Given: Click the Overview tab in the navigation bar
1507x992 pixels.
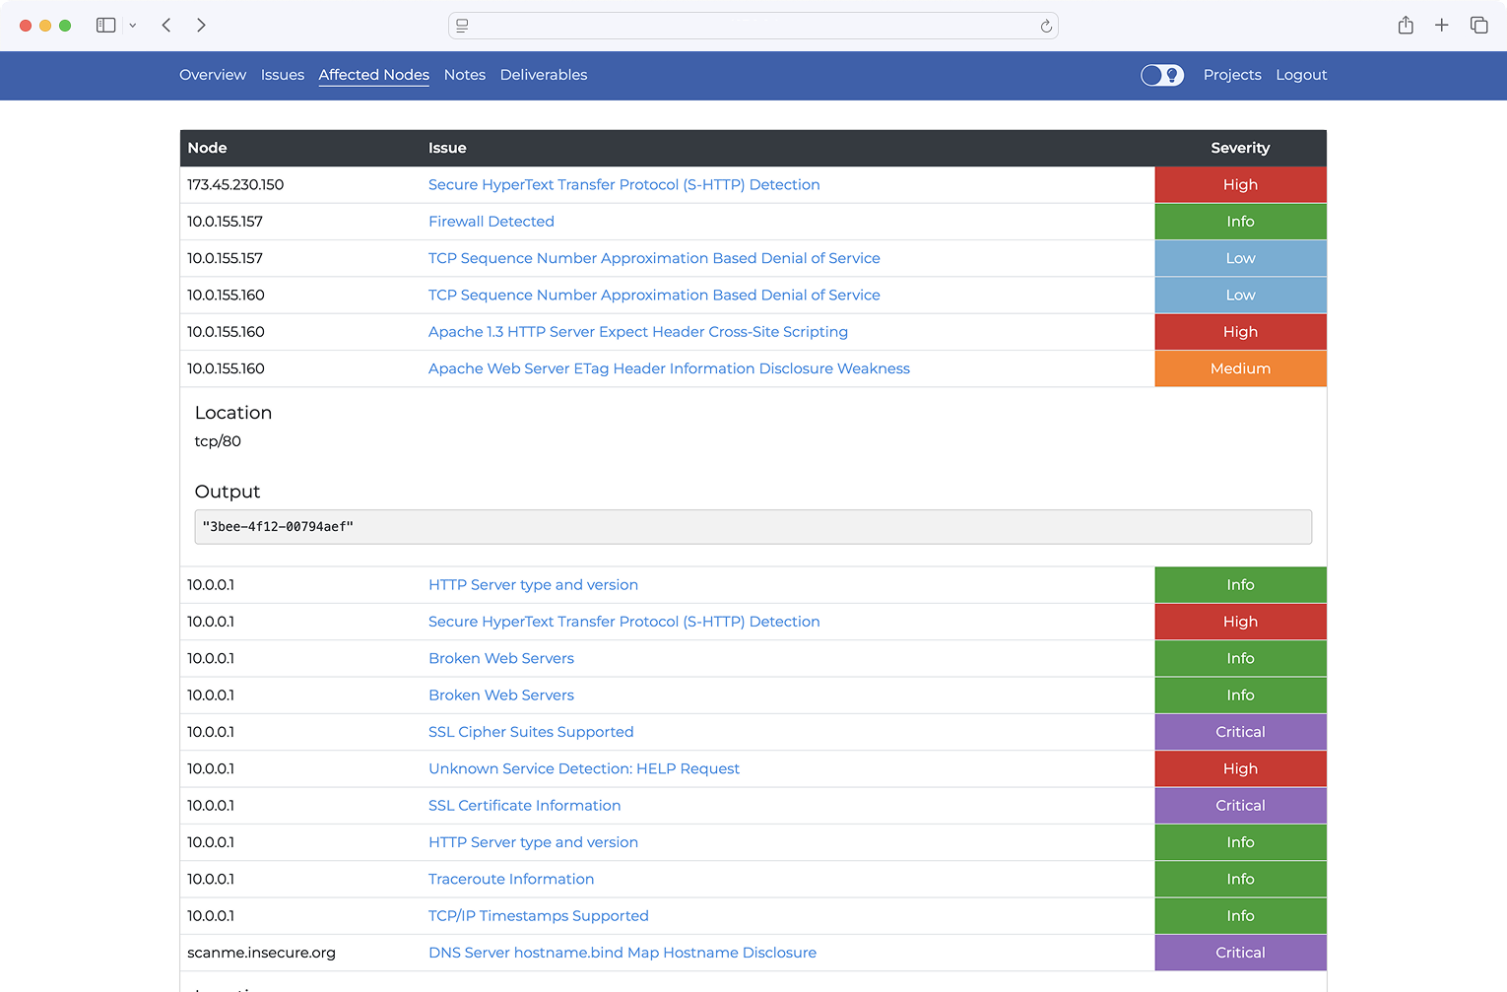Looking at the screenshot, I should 213,75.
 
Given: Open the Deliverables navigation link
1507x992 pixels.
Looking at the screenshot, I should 543,75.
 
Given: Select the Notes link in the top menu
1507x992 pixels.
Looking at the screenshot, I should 464,75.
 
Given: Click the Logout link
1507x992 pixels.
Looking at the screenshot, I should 1301,75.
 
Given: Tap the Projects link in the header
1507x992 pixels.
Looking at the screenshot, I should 1231,75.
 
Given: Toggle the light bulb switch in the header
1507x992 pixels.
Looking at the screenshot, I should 1162,75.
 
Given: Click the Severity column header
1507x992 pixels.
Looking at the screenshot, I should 1239,148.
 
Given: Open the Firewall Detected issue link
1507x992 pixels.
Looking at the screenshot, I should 491,222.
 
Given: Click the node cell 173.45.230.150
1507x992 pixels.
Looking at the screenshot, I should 235,185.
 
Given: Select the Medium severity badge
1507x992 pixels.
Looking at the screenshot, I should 1239,368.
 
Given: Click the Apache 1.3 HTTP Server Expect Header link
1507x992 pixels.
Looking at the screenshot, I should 637,332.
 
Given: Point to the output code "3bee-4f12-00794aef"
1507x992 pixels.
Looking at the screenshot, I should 278,527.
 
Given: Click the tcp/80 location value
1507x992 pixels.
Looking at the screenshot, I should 218,441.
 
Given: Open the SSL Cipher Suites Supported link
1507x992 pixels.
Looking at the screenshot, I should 530,732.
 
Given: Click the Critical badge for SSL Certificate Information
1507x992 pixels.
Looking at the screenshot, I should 1239,806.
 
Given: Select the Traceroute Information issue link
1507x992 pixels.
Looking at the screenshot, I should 510,879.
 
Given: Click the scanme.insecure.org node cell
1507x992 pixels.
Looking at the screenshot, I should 261,953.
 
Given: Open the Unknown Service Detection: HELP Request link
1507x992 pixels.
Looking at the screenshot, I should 583,768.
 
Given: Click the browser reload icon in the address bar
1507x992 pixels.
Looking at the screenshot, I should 1046,27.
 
